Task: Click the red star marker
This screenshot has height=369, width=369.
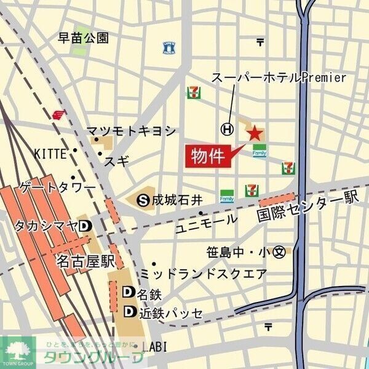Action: click(x=254, y=132)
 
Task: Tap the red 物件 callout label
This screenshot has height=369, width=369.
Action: click(x=207, y=156)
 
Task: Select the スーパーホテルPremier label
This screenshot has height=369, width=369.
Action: click(x=279, y=77)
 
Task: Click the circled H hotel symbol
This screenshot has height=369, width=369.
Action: click(x=228, y=129)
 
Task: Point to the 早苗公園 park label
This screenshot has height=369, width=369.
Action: click(x=83, y=38)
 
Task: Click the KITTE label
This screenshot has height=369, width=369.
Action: click(x=50, y=153)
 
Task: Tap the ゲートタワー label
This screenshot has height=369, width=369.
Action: click(x=58, y=186)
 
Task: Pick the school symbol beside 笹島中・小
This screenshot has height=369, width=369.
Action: click(x=280, y=252)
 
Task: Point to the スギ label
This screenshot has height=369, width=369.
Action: click(x=117, y=162)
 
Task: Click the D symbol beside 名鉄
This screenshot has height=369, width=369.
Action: click(x=129, y=292)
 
